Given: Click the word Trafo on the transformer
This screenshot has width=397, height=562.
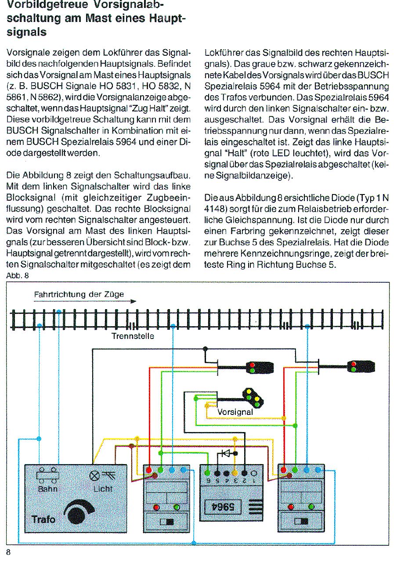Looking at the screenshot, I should coord(44,520).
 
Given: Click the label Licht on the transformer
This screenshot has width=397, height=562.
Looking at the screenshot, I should coord(102,489).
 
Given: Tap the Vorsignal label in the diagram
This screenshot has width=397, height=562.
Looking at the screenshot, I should coord(235,412).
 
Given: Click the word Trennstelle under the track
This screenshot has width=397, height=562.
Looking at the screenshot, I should coord(133,337).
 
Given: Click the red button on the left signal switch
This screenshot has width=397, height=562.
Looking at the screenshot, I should coord(156,507).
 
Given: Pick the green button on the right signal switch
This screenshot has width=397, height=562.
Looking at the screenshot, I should coord(311,507).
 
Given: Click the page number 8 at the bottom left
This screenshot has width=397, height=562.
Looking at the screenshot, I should coord(8,552).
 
